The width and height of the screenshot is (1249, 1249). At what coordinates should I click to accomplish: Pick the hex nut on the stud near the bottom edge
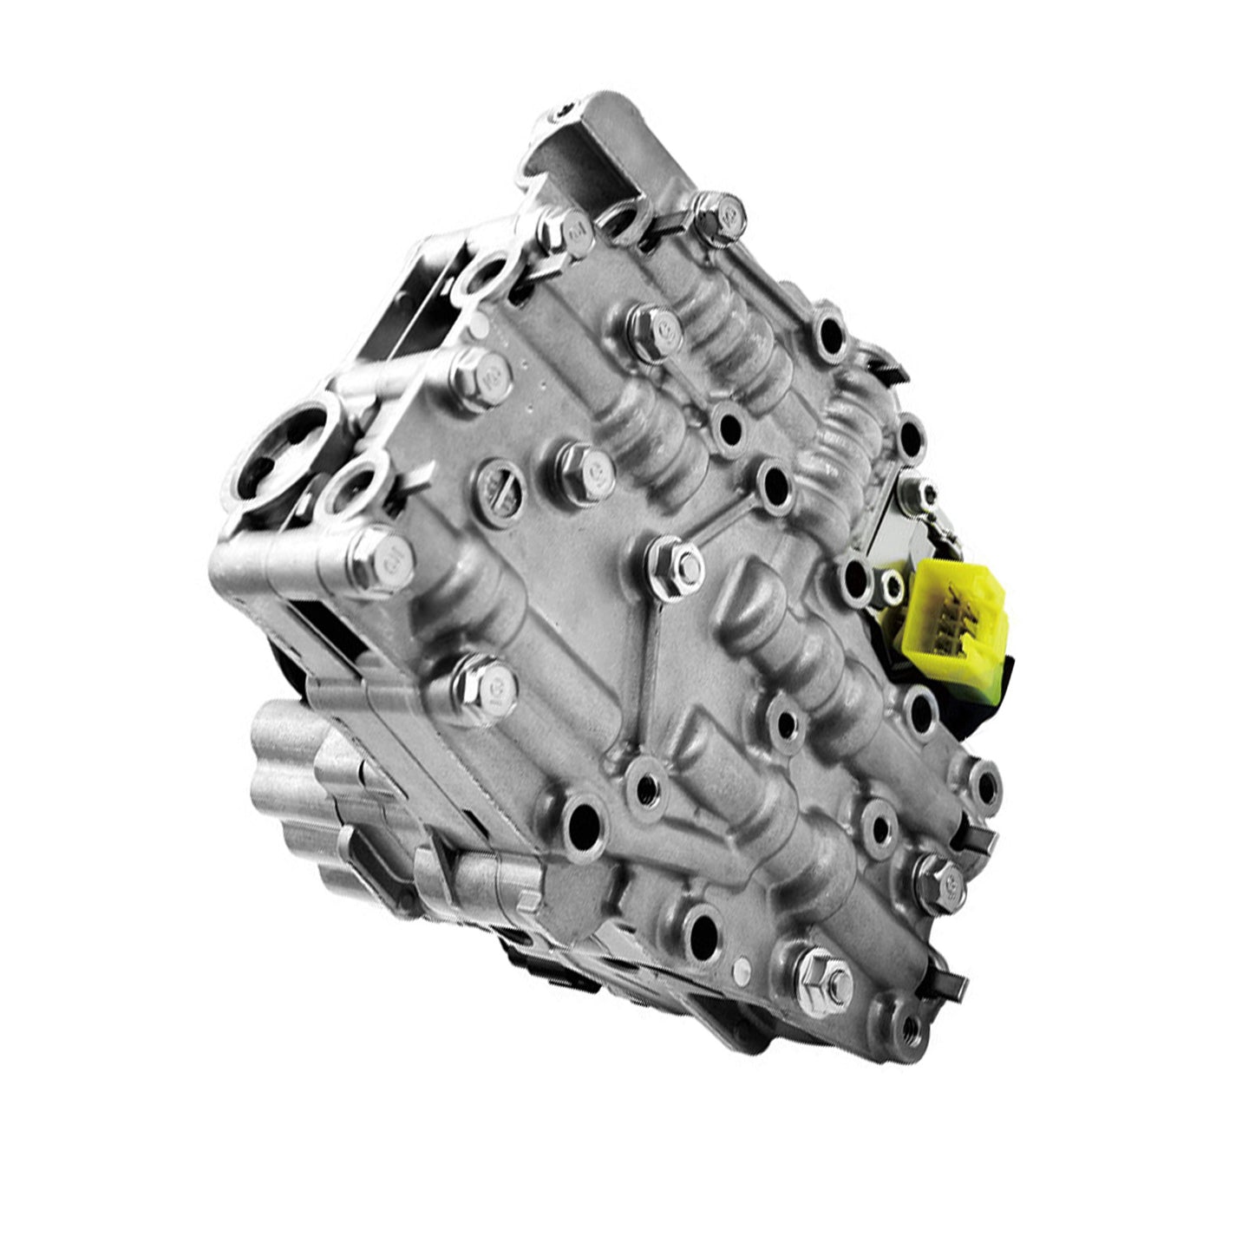pyautogui.click(x=818, y=977)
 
